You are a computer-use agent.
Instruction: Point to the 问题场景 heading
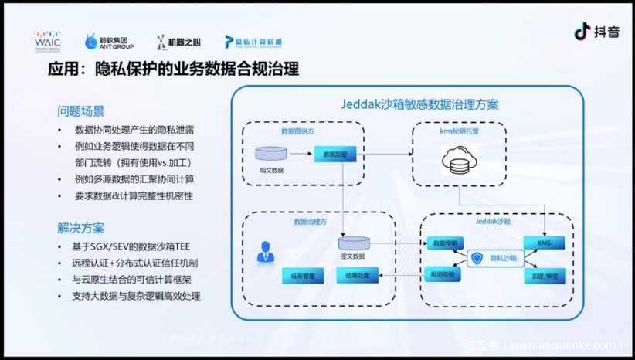(80, 110)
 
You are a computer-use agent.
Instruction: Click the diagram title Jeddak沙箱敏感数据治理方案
(420, 104)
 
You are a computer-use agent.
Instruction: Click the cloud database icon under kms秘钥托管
(459, 161)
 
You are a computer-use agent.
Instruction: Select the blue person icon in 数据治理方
(266, 251)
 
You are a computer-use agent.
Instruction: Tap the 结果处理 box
(357, 274)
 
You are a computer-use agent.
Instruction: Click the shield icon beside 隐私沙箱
(477, 259)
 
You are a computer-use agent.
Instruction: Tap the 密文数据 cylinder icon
(353, 243)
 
